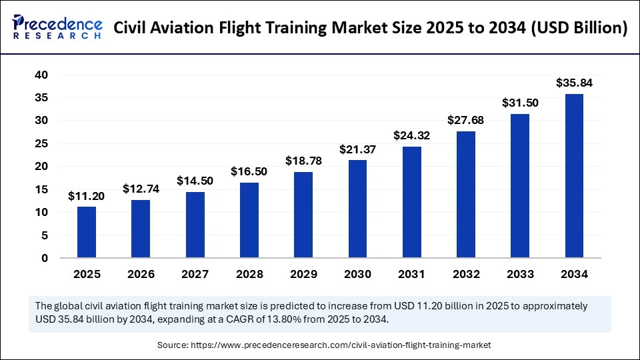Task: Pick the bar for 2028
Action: point(249,220)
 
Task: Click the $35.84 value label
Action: point(574,83)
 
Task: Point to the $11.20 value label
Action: point(87,196)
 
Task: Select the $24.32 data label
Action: point(411,136)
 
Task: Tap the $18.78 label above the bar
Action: point(303,161)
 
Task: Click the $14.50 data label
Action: point(195,181)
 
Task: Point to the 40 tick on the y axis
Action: point(42,75)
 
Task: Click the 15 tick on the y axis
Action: point(42,189)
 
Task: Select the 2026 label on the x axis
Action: point(141,274)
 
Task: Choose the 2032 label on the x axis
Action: point(466,274)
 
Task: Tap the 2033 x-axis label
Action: point(520,274)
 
